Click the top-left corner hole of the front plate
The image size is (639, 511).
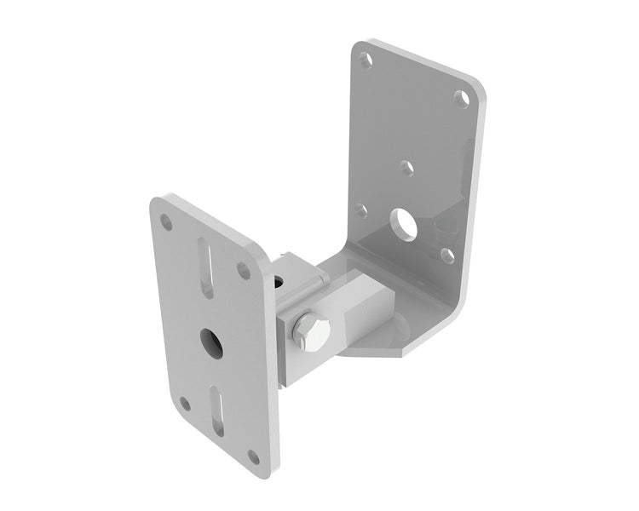167,222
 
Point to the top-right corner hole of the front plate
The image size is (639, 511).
244,271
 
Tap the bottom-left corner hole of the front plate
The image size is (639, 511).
185,404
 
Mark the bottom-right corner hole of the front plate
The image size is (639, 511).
253,456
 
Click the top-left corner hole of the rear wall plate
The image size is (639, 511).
366,61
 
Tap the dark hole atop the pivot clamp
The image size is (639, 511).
277,280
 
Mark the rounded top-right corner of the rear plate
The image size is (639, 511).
480,81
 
